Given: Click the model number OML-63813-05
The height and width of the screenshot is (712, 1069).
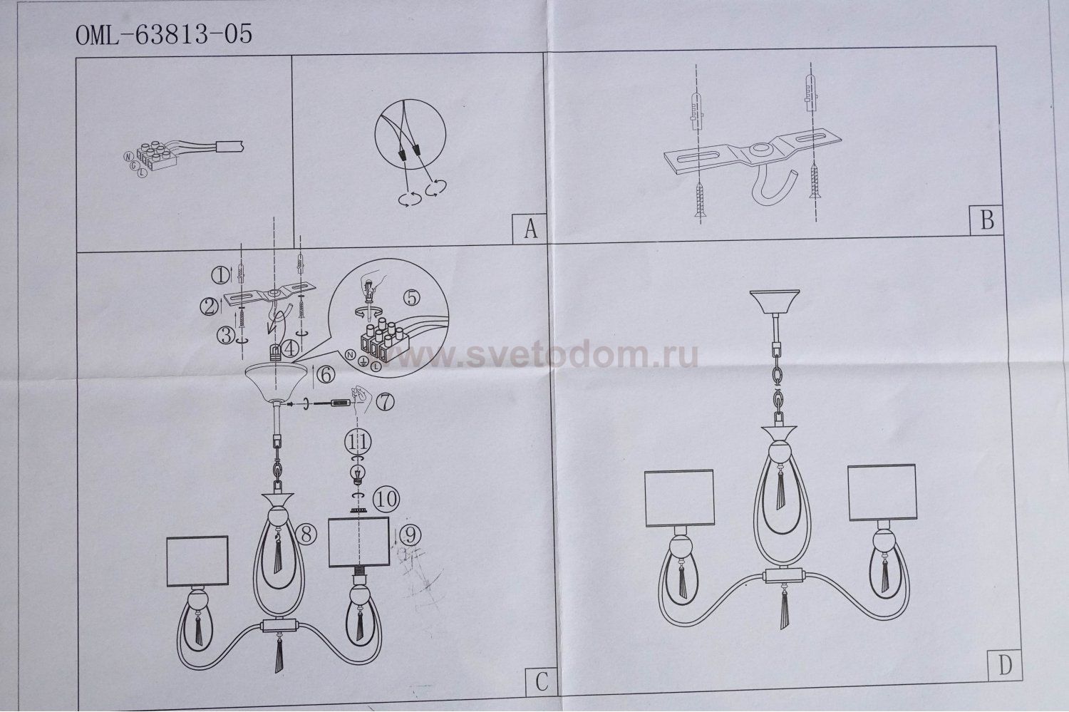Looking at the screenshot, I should coord(164,35).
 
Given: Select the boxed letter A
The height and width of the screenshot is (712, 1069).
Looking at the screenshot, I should coord(529,229).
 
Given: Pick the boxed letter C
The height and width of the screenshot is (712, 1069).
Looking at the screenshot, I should coord(539,682).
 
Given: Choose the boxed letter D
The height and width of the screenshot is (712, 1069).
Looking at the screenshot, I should coord(1005,665).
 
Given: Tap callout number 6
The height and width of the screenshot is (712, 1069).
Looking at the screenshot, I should coord(324,373).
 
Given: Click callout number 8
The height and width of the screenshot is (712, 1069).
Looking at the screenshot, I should coord(305,535).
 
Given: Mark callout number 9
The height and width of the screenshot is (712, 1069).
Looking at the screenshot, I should coord(409,532).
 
